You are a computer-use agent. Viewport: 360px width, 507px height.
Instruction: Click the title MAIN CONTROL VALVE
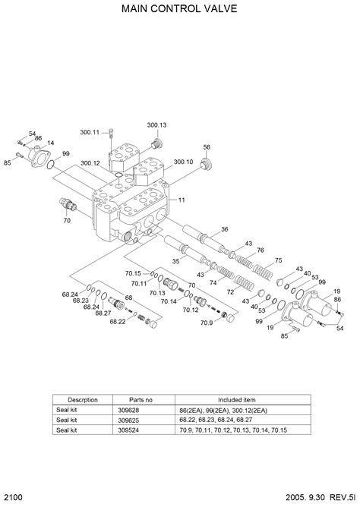179,9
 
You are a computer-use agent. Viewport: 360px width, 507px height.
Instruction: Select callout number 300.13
157,125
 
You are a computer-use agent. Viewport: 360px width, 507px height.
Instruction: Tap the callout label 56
207,147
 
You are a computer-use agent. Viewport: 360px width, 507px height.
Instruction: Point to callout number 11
182,200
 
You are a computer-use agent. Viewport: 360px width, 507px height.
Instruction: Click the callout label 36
225,229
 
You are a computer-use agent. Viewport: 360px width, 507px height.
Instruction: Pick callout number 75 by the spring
278,260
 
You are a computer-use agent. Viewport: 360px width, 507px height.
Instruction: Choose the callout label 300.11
90,132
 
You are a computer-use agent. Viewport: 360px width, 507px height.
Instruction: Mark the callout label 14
50,143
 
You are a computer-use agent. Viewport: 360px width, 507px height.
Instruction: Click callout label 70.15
133,273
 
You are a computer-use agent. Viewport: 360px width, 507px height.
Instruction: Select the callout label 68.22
118,322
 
